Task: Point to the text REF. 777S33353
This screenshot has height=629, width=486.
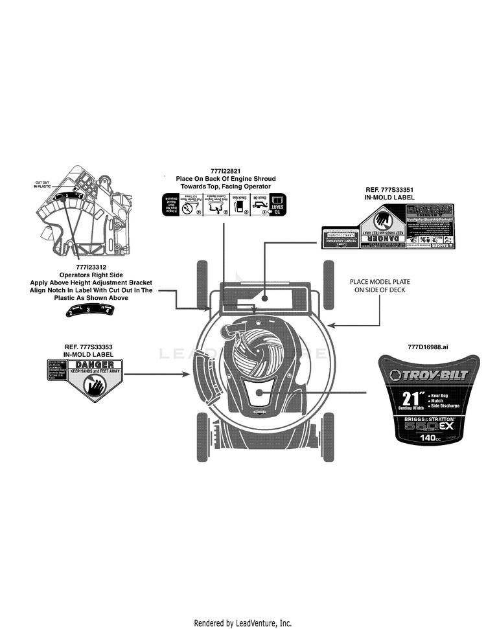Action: (88, 347)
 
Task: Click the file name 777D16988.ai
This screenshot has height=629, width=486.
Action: (428, 347)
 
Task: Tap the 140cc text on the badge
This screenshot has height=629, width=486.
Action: (430, 438)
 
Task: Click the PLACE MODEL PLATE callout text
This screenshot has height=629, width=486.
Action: (380, 286)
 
